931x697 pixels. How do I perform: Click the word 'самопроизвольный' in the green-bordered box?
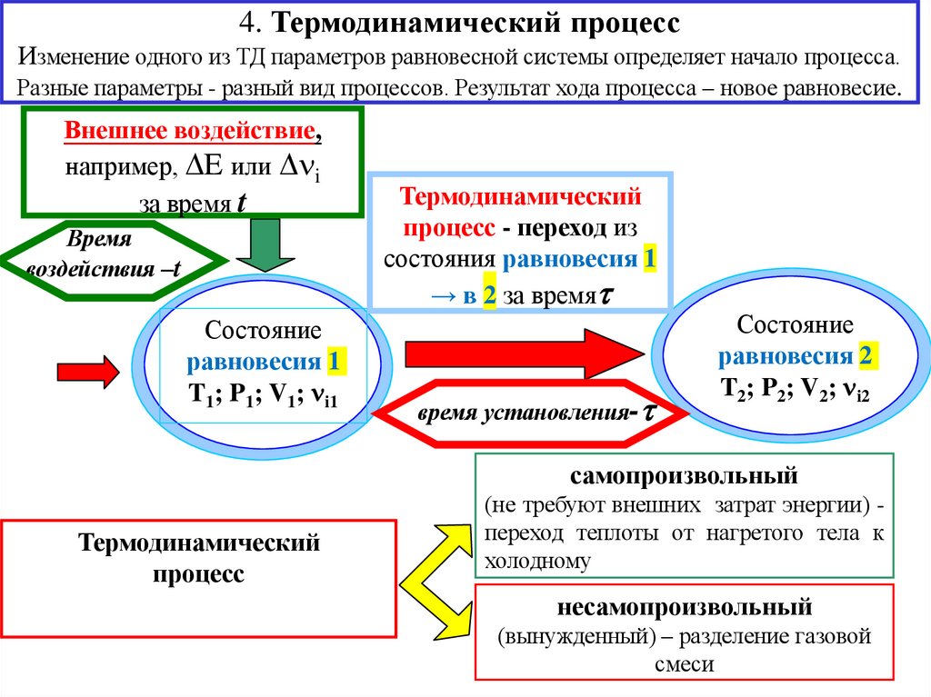(x=684, y=475)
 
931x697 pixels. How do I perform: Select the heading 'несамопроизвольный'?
(x=684, y=606)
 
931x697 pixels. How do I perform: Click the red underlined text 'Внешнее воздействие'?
(x=191, y=132)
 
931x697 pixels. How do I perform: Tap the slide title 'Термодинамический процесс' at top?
(x=465, y=22)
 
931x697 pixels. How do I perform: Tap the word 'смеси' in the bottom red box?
(x=684, y=664)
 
